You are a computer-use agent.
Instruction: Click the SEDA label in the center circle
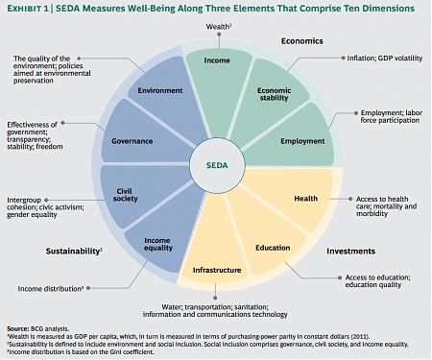click(x=215, y=165)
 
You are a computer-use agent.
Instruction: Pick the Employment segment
click(x=301, y=141)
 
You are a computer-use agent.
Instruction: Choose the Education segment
click(x=273, y=247)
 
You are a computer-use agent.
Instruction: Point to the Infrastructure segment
click(x=215, y=270)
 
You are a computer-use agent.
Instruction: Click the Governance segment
click(x=128, y=140)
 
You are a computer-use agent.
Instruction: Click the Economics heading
click(x=300, y=42)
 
